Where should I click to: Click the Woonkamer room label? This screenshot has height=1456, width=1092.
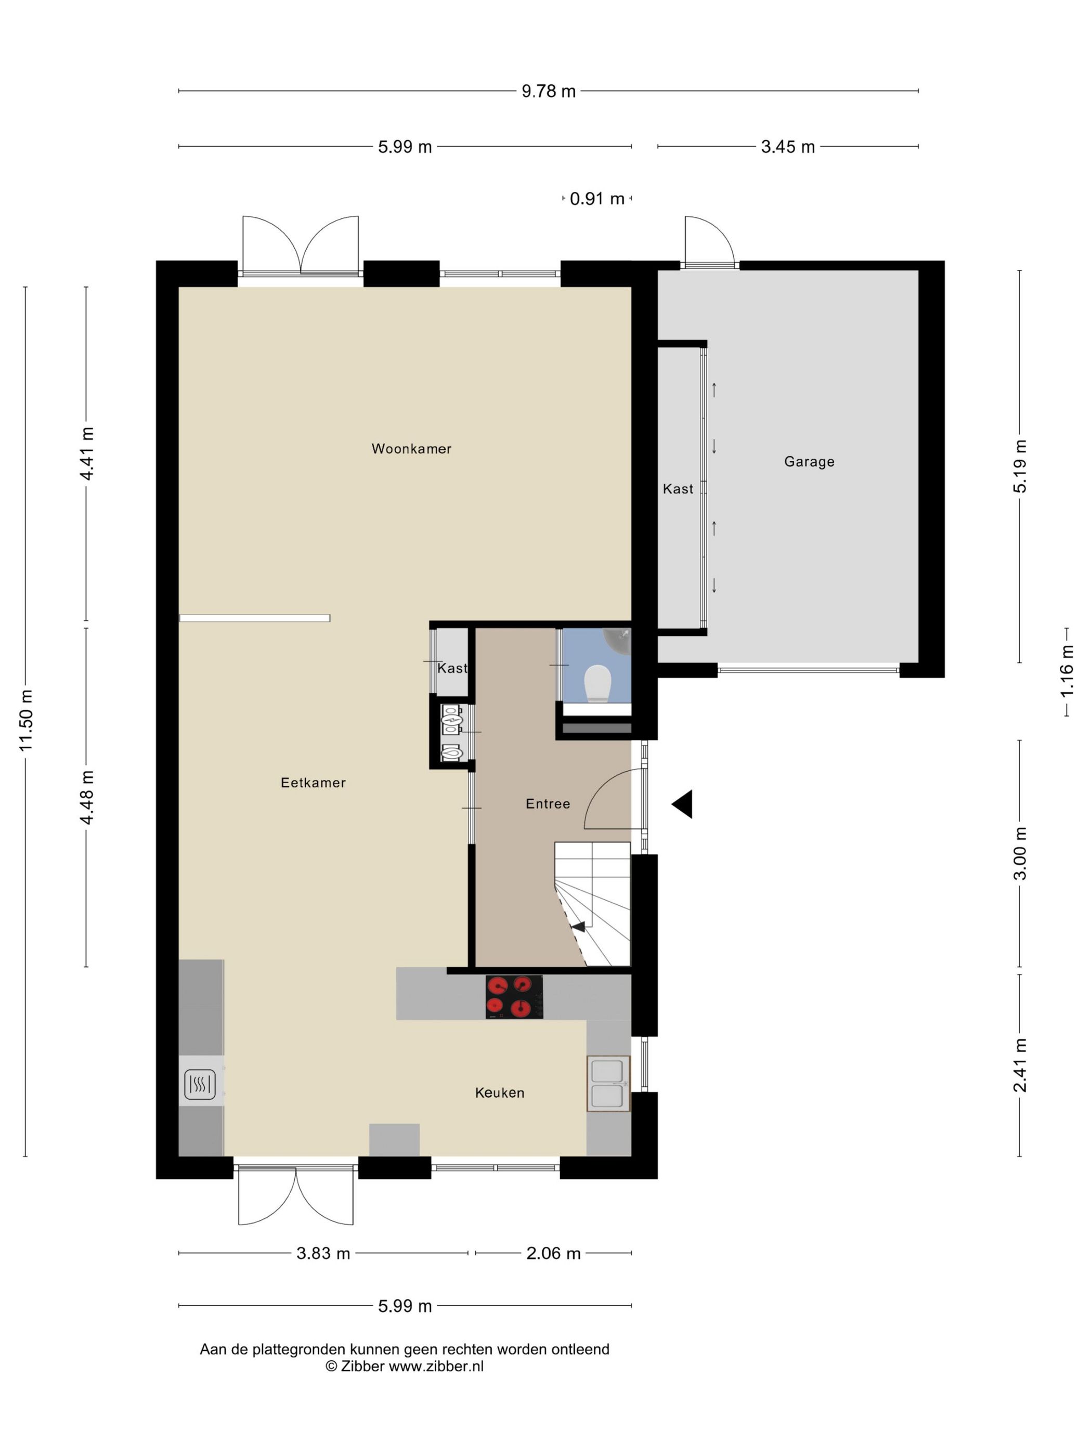pos(411,449)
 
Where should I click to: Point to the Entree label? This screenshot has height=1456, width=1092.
pos(547,804)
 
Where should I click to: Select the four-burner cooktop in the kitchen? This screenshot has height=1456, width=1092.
pos(514,996)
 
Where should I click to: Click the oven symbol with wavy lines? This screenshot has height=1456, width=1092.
pos(200,1084)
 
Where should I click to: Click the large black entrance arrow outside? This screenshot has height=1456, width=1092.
pos(683,804)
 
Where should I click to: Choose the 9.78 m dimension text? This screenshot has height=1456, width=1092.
pos(548,92)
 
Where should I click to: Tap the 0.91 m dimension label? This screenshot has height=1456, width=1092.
pos(596,199)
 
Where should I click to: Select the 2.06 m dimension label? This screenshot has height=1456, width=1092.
pos(553,1253)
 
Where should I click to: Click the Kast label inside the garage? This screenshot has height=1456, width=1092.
pos(678,489)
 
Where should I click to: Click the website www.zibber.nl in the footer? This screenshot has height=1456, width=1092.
pos(435,1366)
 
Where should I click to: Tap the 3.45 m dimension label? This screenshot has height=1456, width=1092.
pos(787,147)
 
